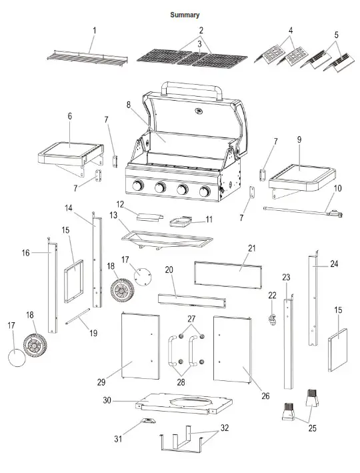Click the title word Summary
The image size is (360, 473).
coord(185,15)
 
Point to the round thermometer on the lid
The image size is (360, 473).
coord(198,111)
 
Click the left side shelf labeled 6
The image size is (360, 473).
coord(71,152)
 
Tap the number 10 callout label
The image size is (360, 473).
coord(337,189)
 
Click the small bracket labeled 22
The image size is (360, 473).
coord(273,319)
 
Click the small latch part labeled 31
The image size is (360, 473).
coord(147,421)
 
